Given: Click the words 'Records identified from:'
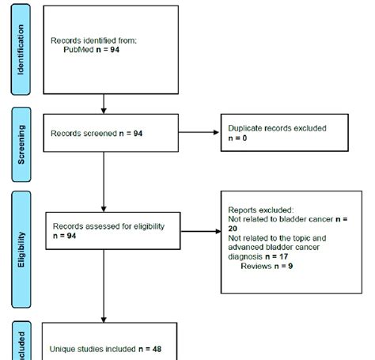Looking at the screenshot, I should (x=89, y=40).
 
